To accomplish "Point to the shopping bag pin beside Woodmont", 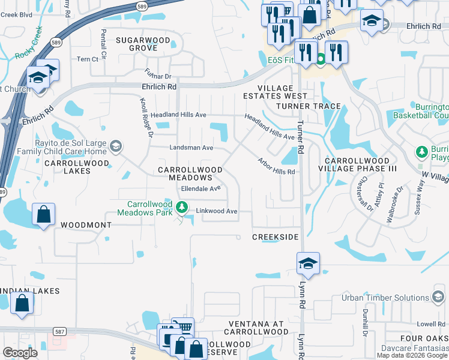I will (44, 215).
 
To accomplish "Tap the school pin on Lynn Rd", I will (308, 263).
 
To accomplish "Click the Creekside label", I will (275, 237).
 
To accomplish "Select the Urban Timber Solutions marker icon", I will (439, 298).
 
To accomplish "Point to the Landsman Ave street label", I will (191, 147).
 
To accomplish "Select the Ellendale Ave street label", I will (202, 188).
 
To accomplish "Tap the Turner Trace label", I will (308, 106).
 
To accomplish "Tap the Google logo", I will (19, 353).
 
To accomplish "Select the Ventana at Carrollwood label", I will (255, 327).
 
